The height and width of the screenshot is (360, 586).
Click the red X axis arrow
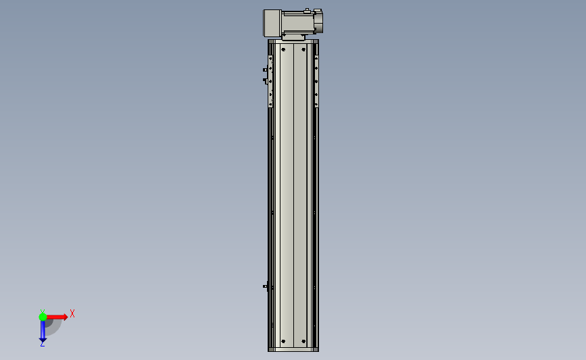57,317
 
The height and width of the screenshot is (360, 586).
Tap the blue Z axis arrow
43,331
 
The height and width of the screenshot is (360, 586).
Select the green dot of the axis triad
43,317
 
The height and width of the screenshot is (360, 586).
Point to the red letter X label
72,313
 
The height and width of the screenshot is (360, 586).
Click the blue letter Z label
42,344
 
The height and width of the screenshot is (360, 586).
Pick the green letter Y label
43,311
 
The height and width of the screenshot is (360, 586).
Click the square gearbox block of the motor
272,23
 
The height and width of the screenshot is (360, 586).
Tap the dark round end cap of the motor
318,22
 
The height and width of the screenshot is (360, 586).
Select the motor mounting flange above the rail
293,37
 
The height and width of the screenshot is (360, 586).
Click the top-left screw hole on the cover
283,50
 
